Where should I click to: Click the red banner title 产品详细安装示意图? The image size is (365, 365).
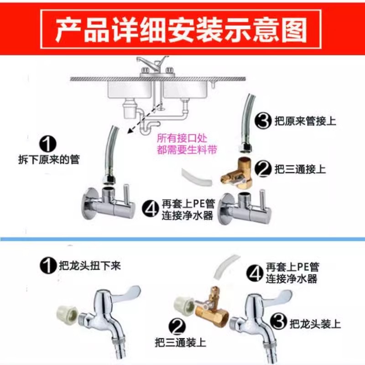181,30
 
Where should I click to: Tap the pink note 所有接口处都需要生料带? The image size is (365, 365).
187,144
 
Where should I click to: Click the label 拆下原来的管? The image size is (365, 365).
49,159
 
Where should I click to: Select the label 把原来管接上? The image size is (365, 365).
305,121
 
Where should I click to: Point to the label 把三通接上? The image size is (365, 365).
300,169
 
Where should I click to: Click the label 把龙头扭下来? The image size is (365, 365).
89,266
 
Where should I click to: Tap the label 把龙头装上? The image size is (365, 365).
315,324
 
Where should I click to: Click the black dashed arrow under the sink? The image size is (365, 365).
144,119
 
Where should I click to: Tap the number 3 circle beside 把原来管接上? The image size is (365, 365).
263,120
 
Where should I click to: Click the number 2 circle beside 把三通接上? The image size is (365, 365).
263,169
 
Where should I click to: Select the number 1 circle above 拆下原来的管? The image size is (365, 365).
48,144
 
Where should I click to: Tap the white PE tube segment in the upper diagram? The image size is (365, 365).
198,177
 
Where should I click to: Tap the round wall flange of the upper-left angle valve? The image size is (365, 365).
89,203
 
